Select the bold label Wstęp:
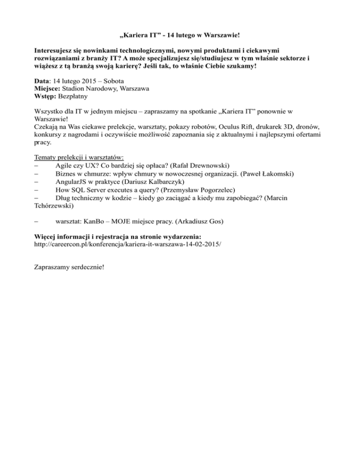point(46,97)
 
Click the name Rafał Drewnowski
point(202,165)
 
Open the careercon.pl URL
point(127,244)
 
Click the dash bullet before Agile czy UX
point(37,165)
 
